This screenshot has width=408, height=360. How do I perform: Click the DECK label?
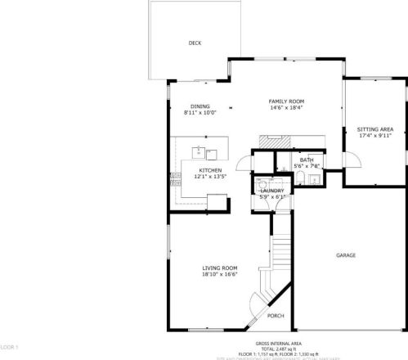click(x=195, y=43)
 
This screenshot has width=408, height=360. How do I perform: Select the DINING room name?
click(x=200, y=106)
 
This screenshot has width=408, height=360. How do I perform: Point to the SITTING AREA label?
click(x=375, y=129)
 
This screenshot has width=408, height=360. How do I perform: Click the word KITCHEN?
click(x=210, y=170)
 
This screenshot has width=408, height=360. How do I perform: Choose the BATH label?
click(x=307, y=160)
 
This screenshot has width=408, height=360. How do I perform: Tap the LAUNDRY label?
click(x=272, y=191)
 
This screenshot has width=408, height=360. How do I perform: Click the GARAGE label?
click(x=346, y=256)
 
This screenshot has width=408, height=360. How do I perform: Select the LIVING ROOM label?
click(x=220, y=268)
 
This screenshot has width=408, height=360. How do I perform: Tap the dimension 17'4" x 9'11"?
click(x=375, y=136)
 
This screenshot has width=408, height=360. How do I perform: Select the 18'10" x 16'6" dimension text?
click(x=220, y=275)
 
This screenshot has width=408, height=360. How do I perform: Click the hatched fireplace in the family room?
click(x=271, y=140)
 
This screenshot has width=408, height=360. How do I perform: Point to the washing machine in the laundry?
click(x=262, y=184)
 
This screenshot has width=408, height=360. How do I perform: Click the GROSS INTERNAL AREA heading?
click(x=278, y=343)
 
